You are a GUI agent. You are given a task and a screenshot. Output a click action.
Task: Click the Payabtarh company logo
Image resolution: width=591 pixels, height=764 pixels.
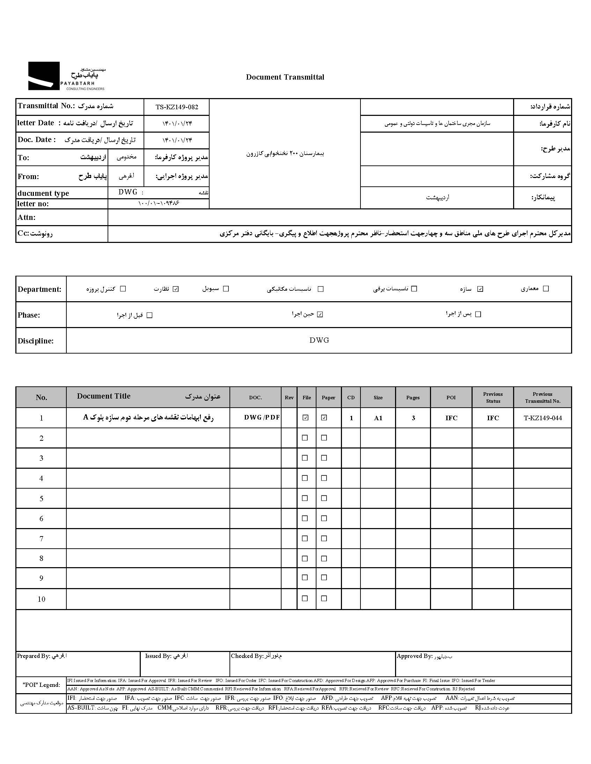tap(66, 76)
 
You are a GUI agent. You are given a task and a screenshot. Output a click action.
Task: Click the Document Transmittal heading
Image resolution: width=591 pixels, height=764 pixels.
tap(285, 77)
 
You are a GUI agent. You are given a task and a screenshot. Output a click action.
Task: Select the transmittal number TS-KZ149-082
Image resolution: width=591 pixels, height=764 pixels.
tap(177, 107)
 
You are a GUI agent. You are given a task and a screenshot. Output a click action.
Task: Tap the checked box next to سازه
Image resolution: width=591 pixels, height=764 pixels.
tap(480, 289)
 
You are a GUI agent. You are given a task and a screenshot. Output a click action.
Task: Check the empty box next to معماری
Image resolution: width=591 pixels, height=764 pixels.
tap(546, 289)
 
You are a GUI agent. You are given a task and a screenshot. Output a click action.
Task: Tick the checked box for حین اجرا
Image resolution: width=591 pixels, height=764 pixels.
tap(320, 314)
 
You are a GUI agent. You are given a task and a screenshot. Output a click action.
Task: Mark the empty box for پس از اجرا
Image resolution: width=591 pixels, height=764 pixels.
tap(478, 314)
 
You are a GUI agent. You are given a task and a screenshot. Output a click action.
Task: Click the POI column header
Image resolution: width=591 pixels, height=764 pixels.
tap(451, 398)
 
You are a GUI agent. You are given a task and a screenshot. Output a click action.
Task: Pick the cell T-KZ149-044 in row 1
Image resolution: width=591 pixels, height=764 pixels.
tap(542, 418)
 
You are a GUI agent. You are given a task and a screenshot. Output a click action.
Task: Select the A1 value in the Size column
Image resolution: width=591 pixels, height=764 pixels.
tap(378, 418)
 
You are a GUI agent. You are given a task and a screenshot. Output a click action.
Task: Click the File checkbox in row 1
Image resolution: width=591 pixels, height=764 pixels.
tap(306, 417)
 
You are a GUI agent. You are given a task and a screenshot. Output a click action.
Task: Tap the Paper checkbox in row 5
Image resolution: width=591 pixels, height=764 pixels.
tap(324, 498)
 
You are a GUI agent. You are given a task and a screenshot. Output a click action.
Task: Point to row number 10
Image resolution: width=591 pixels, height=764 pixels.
tap(41, 599)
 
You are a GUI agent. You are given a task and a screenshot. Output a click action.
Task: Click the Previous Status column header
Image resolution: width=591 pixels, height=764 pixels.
tap(492, 398)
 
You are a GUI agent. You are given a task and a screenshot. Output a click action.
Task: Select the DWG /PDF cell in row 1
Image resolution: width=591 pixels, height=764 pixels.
tap(262, 418)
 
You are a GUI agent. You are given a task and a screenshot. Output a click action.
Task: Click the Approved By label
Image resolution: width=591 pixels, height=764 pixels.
tap(414, 656)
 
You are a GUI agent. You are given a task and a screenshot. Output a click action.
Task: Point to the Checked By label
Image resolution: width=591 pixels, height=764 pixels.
tap(247, 656)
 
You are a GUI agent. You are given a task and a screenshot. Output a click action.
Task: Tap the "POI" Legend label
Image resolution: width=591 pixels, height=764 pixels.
tap(41, 685)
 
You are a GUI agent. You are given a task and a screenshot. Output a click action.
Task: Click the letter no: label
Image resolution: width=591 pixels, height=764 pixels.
tap(33, 204)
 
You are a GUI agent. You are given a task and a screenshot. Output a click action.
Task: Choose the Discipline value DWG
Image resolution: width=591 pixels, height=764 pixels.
tap(319, 340)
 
